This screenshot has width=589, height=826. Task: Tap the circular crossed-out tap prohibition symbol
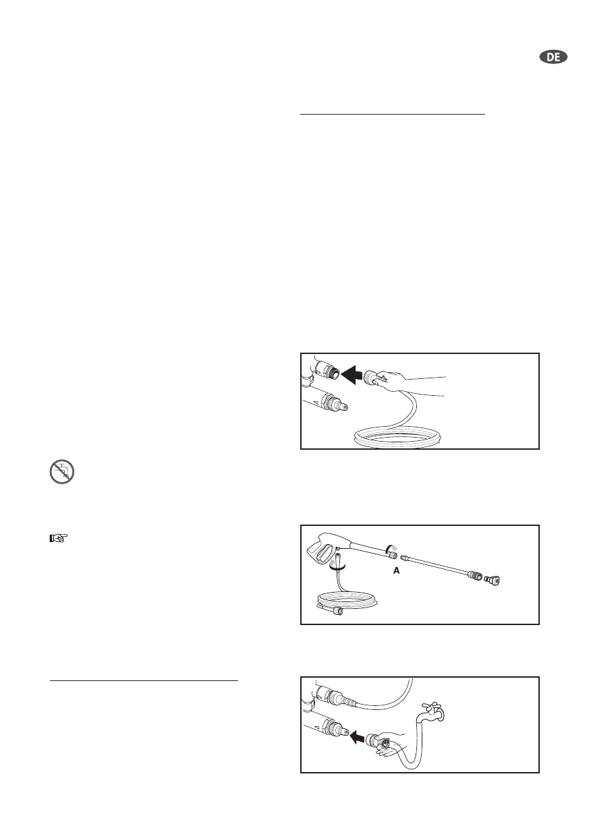[x=62, y=471]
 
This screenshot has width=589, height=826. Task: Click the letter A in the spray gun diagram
[x=397, y=570]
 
